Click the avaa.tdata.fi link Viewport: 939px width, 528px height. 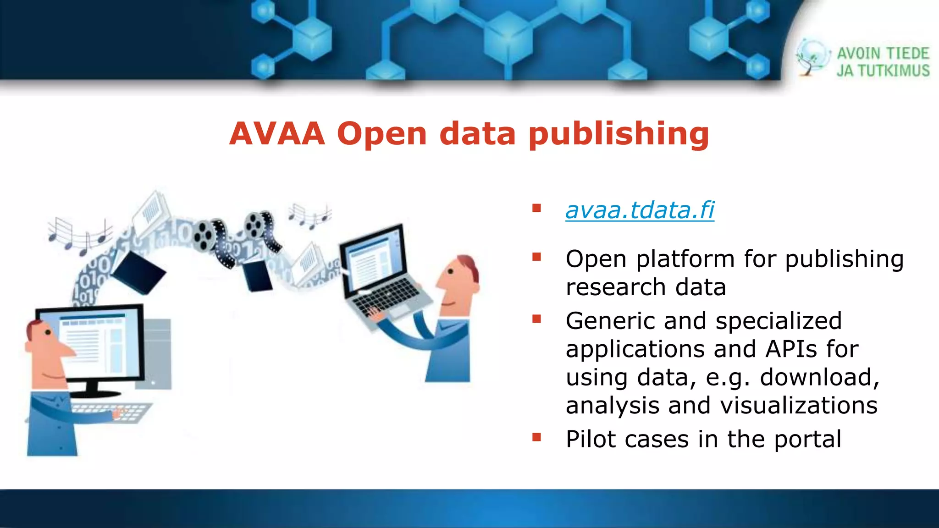(x=640, y=210)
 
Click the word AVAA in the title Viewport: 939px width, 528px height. (x=277, y=134)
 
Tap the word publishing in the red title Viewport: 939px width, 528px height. (x=619, y=135)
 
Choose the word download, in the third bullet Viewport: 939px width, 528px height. (x=820, y=378)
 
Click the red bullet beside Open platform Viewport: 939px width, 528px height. (x=536, y=257)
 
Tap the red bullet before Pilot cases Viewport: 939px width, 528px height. (x=536, y=438)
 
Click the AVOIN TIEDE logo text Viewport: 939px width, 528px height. (x=883, y=54)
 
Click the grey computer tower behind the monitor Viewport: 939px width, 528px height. (x=158, y=353)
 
